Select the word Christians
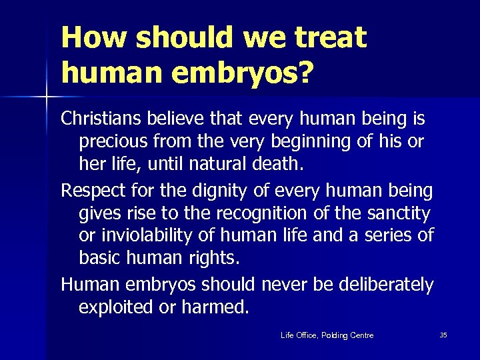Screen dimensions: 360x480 pos(99,119)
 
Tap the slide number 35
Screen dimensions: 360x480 pos(443,335)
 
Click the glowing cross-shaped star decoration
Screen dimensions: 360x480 pos(47,99)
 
